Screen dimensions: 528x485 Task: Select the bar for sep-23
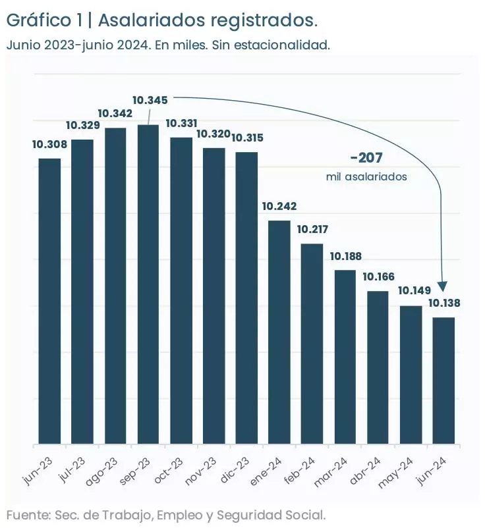coord(148,284)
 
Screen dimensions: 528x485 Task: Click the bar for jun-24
coord(443,381)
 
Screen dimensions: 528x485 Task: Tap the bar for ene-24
coord(279,332)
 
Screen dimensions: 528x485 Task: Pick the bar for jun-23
coord(49,301)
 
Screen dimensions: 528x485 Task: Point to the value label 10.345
coord(150,100)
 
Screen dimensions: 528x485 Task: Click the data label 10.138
coord(444,304)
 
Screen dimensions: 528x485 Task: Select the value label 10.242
coord(279,206)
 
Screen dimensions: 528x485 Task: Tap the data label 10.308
coord(49,144)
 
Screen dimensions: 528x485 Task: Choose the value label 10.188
coord(346,256)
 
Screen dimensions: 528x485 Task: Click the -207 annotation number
coord(366,158)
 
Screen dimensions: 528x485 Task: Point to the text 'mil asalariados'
coord(366,177)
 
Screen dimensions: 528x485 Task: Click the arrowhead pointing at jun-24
coord(443,288)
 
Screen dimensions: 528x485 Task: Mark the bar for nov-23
coord(214,296)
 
